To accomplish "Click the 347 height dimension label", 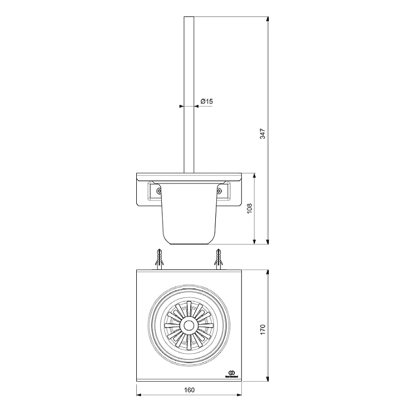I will tap(262, 134).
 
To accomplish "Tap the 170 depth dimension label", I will tap(262, 329).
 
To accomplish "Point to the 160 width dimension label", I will tap(189, 390).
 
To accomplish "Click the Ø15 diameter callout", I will tap(207, 101).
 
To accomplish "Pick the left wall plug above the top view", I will tap(159, 259).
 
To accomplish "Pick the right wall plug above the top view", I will tap(218, 259).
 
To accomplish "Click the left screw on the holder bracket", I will tap(158, 189).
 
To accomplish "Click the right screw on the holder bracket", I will tap(219, 189).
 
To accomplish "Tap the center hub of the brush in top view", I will tap(189, 325).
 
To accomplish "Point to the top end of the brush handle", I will tap(189, 18).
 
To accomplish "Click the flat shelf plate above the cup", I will tap(189, 176).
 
